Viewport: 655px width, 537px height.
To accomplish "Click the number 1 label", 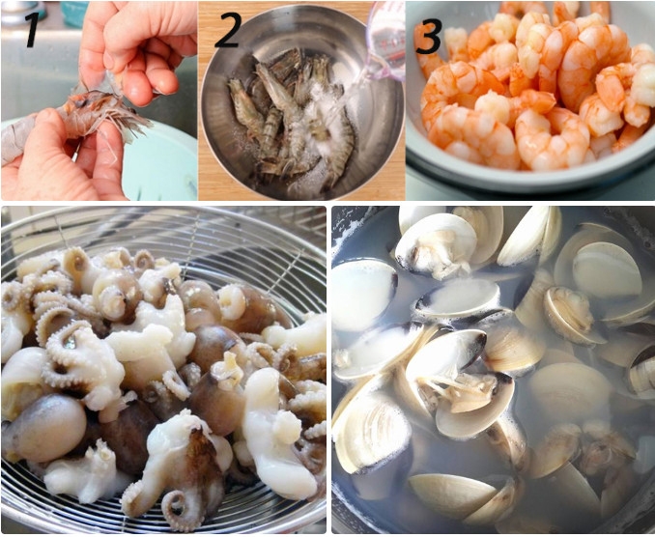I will click(32, 29).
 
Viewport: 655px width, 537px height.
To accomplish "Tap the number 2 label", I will click(227, 30).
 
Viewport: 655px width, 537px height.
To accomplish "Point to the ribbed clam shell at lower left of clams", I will click(372, 435).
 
